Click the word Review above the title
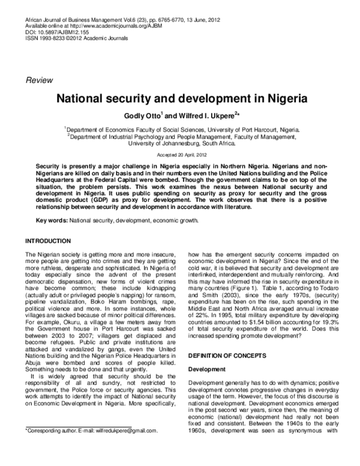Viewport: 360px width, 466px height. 39,79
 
